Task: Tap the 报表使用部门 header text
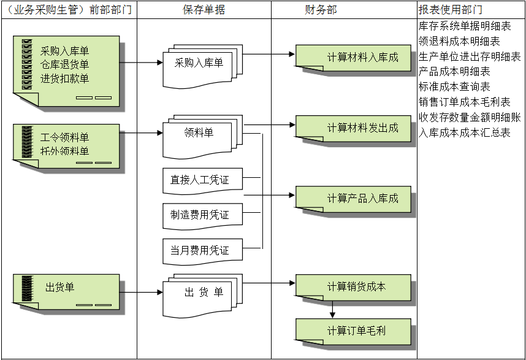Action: [x=450, y=10]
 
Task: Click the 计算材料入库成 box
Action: [x=353, y=58]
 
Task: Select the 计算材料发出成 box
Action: [x=353, y=128]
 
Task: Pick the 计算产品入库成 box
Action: [x=353, y=199]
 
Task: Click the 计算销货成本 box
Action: [x=353, y=287]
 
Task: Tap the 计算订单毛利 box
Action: [x=353, y=331]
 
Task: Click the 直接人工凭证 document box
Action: [x=203, y=180]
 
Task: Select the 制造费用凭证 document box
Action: [x=203, y=215]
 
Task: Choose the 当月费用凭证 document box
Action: [x=203, y=250]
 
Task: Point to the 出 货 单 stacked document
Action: [x=202, y=296]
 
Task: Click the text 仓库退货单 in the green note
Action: [x=65, y=64]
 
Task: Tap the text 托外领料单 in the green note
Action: [x=65, y=151]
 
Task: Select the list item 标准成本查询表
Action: [x=454, y=86]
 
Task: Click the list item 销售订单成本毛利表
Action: [x=464, y=102]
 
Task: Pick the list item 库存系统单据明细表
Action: [x=464, y=26]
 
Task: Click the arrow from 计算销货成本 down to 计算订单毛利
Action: [x=332, y=308]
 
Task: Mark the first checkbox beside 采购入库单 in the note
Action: [x=26, y=43]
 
